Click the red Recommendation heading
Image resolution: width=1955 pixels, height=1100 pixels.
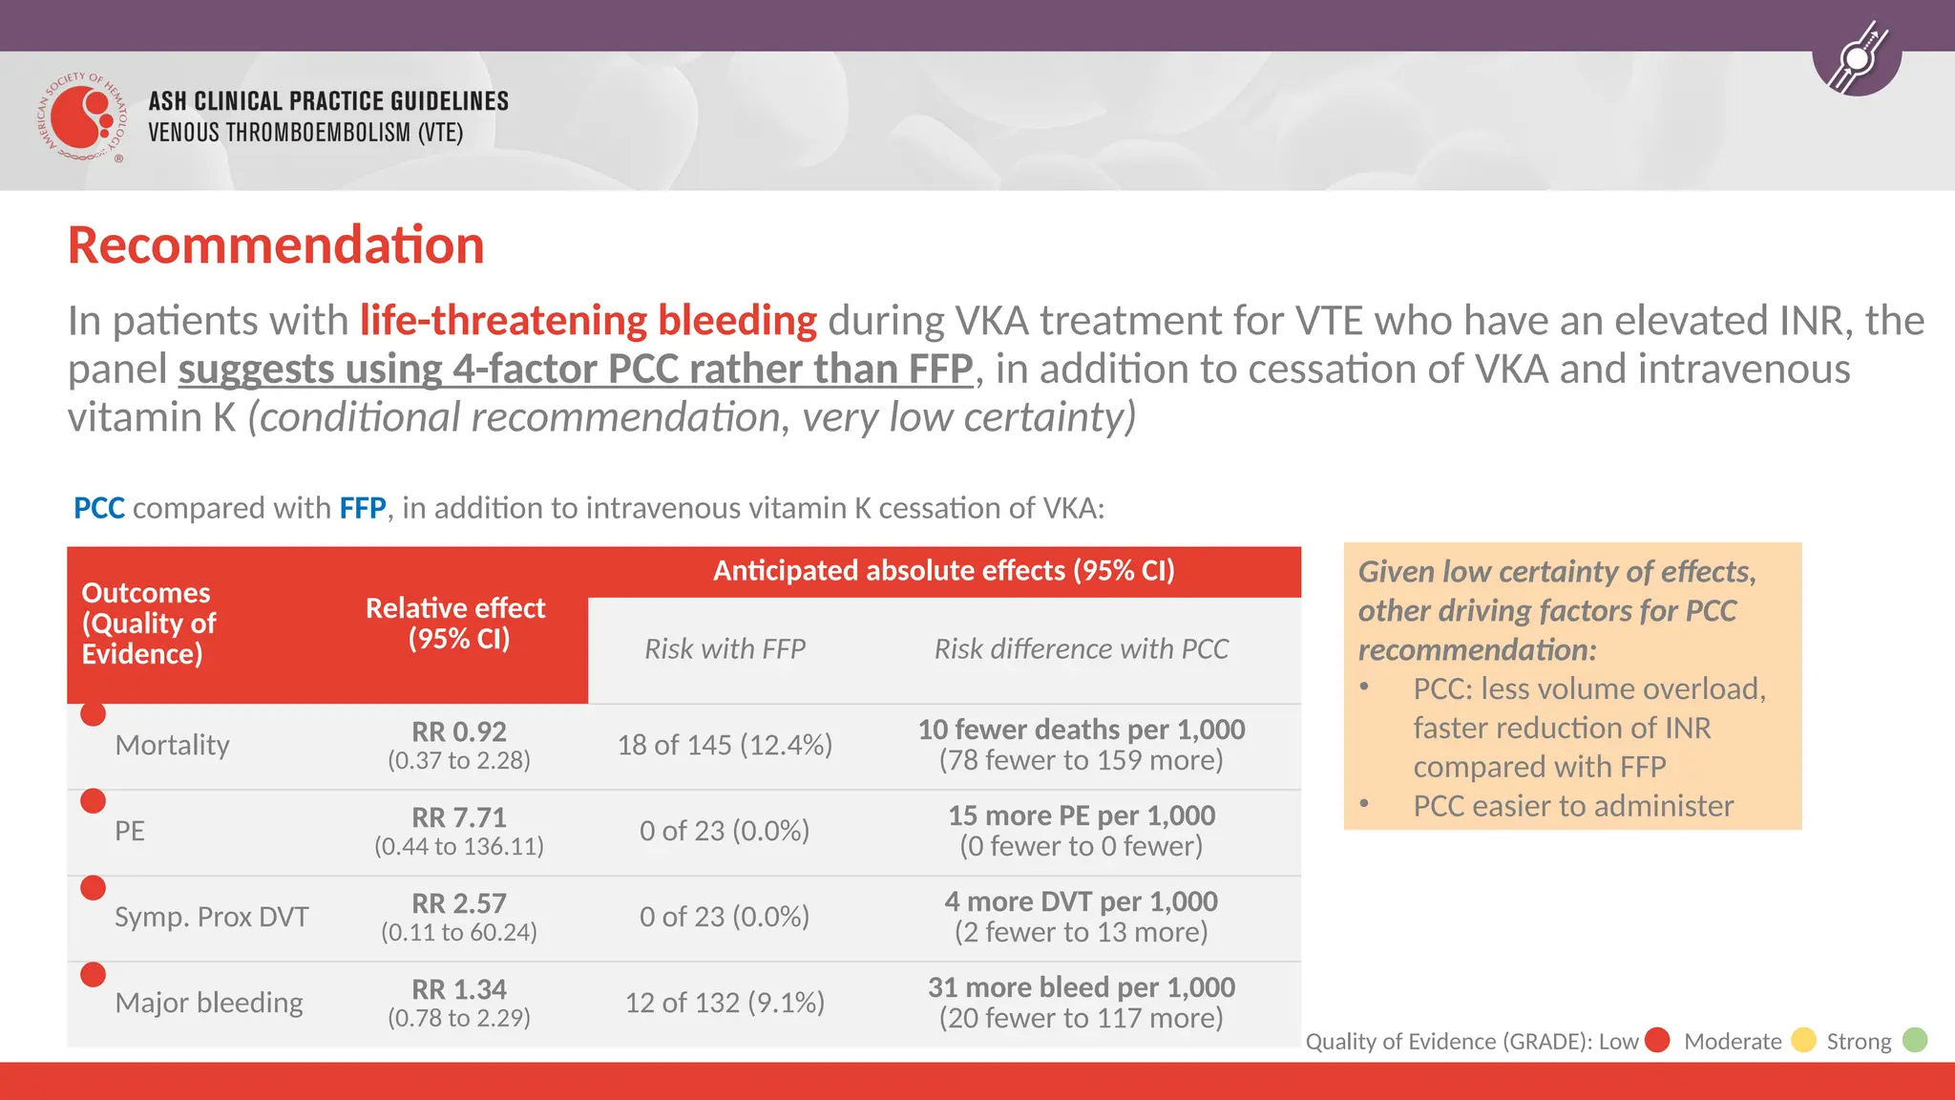point(276,245)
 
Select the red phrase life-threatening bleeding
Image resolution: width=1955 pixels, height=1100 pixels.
point(588,321)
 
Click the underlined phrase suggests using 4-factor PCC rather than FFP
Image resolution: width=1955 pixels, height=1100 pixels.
point(576,370)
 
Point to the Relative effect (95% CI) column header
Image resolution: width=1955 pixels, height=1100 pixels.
point(456,624)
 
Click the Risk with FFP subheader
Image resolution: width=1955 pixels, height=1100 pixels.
point(725,649)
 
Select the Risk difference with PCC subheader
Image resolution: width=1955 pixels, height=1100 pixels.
point(1081,649)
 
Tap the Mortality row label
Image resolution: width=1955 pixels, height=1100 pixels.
point(172,745)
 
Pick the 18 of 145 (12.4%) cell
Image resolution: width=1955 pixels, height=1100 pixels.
point(725,745)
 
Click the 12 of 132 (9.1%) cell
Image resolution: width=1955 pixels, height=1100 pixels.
point(725,1003)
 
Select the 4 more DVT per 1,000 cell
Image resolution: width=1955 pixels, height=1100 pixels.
point(1081,902)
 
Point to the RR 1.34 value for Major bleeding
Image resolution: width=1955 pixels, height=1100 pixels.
point(458,990)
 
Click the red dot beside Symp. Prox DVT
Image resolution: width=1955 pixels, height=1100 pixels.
point(94,888)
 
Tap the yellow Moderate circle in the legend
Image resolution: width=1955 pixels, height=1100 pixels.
point(1803,1040)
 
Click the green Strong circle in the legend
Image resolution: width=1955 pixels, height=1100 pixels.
point(1915,1040)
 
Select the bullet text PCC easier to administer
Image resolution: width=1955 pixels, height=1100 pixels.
point(1572,806)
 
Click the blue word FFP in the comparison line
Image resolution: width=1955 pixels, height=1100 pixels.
point(363,508)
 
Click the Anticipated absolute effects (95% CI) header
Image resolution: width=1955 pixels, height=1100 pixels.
point(943,571)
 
